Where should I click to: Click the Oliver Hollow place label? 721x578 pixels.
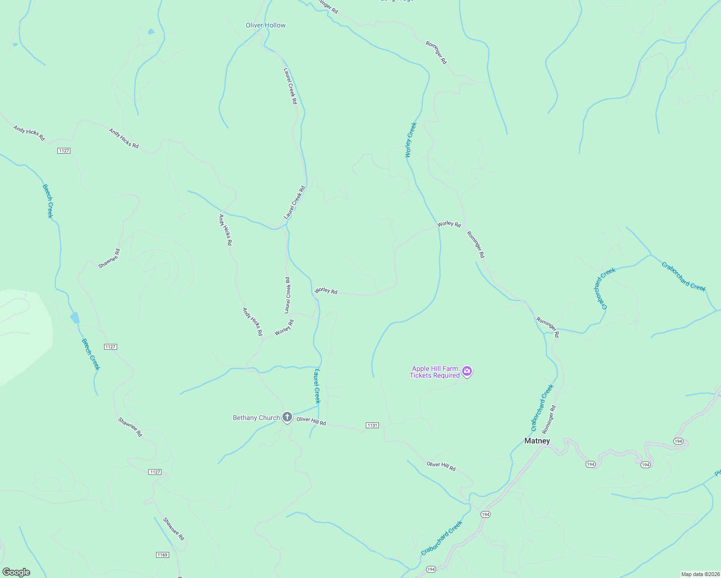pyautogui.click(x=266, y=25)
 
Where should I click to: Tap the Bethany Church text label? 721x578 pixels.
pyautogui.click(x=256, y=418)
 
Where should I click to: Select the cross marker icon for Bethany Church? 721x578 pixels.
pyautogui.click(x=287, y=417)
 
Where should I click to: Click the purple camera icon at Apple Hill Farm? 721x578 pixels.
pyautogui.click(x=467, y=371)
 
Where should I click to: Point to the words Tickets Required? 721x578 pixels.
pyautogui.click(x=434, y=376)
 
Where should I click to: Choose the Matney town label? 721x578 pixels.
pyautogui.click(x=537, y=441)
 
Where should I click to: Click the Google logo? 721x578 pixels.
pyautogui.click(x=16, y=572)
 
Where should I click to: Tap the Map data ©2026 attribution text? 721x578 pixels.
pyautogui.click(x=700, y=574)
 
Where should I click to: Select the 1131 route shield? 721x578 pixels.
pyautogui.click(x=372, y=425)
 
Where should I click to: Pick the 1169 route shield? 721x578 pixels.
pyautogui.click(x=162, y=555)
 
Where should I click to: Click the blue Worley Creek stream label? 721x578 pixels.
pyautogui.click(x=411, y=140)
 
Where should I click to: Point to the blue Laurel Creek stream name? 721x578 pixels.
pyautogui.click(x=317, y=386)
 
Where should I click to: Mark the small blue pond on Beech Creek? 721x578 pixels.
pyautogui.click(x=75, y=318)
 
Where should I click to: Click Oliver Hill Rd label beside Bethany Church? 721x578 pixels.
pyautogui.click(x=311, y=421)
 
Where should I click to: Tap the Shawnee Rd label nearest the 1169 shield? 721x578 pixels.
pyautogui.click(x=174, y=528)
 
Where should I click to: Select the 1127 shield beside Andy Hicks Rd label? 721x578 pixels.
pyautogui.click(x=64, y=151)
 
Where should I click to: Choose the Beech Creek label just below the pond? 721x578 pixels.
pyautogui.click(x=91, y=354)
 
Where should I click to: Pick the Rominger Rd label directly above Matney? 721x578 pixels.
pyautogui.click(x=548, y=419)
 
